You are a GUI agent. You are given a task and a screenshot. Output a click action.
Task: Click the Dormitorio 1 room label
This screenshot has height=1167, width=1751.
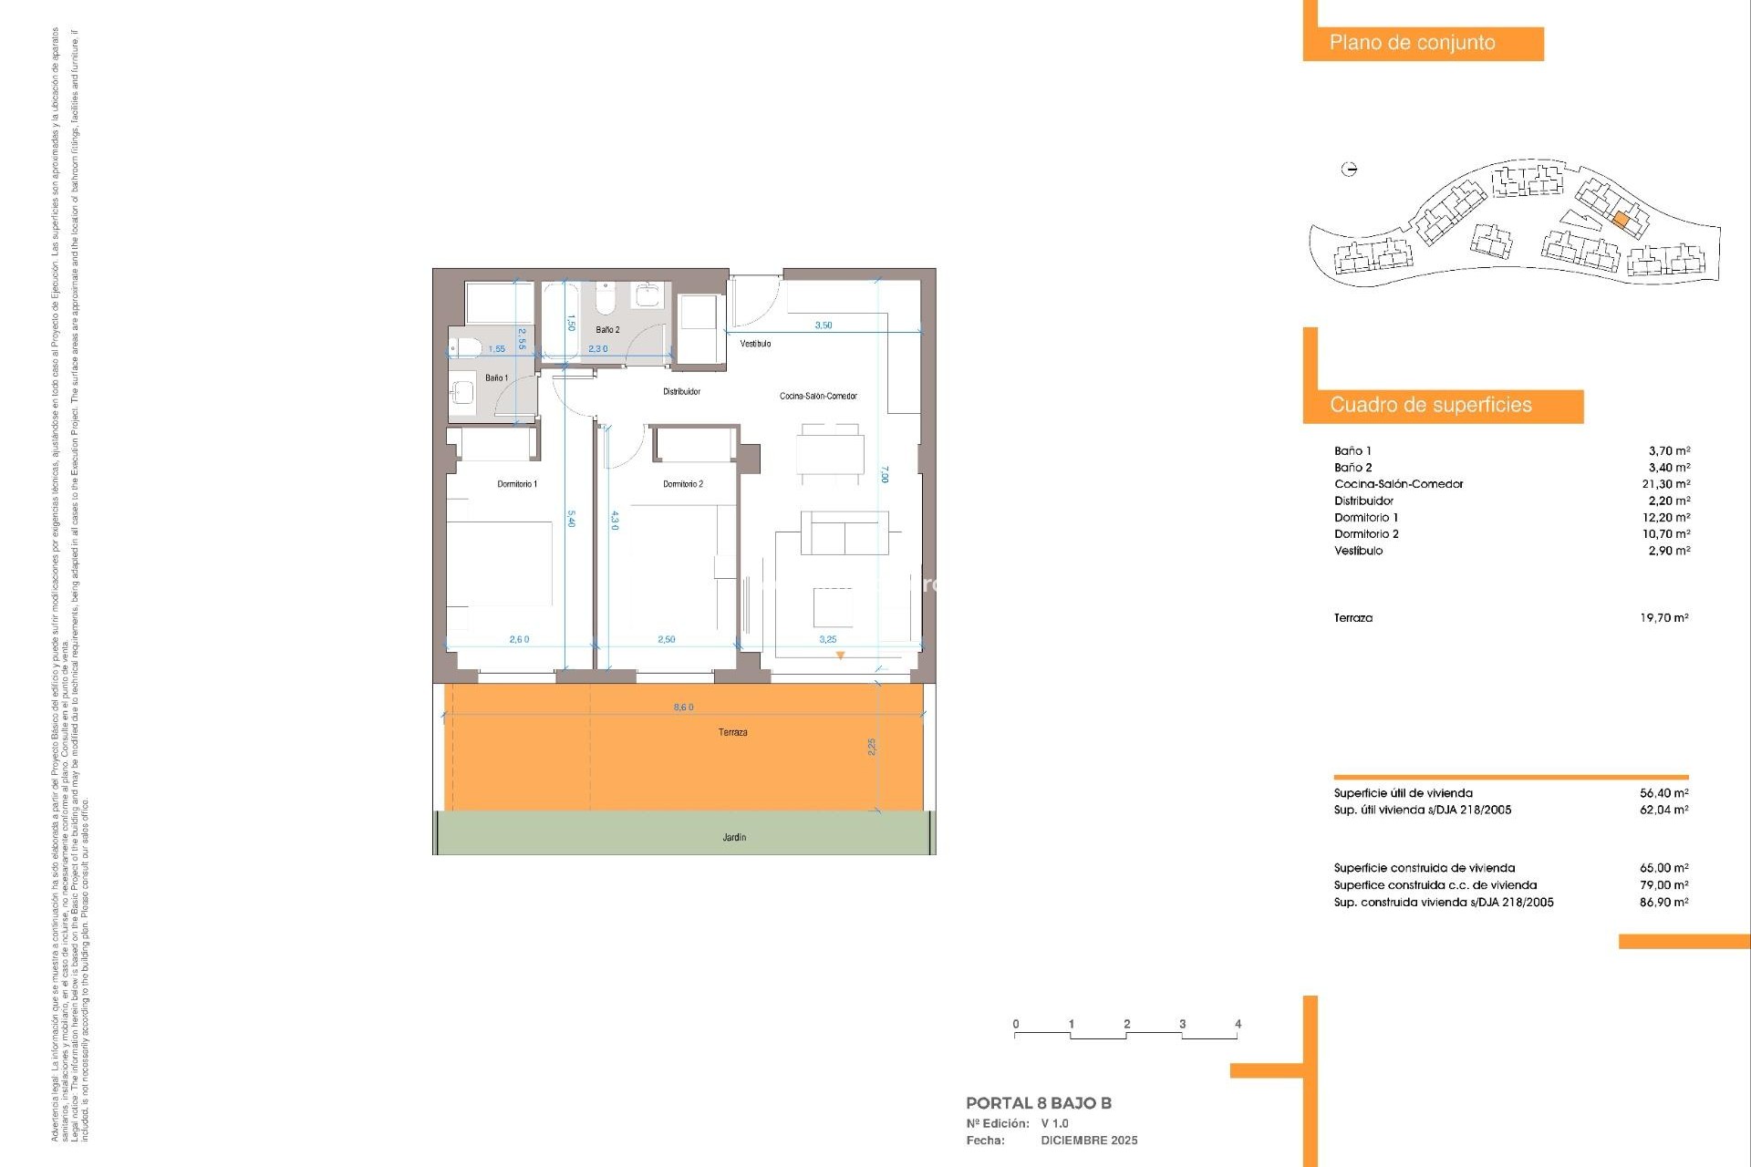[x=517, y=484]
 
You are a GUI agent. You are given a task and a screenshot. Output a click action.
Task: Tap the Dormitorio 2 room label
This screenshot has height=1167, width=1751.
[x=683, y=484]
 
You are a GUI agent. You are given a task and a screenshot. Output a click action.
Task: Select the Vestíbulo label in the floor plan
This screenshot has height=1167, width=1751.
[x=755, y=344]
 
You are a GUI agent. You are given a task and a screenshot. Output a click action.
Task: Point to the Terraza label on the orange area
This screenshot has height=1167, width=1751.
[x=732, y=732]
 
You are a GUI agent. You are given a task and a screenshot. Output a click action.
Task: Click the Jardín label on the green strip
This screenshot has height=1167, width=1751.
[x=734, y=837]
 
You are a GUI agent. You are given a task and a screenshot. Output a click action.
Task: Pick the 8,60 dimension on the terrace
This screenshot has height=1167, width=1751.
[x=683, y=707]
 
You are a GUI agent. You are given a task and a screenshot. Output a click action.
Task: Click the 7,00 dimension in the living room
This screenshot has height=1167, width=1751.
[x=884, y=474]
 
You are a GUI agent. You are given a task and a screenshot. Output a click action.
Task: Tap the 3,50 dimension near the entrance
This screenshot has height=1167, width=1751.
[x=823, y=325]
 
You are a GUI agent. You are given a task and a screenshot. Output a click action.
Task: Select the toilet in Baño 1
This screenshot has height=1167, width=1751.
[x=465, y=347]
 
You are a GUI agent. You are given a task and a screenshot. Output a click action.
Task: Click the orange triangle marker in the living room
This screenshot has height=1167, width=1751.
[x=840, y=656]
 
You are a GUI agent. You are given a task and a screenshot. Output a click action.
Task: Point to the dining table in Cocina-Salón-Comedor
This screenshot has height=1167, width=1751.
[x=830, y=453]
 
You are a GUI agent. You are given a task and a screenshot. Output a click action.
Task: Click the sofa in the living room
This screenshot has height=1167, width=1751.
[x=844, y=533]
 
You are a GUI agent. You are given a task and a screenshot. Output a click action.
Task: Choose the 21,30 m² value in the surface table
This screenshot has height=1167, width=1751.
[x=1665, y=484]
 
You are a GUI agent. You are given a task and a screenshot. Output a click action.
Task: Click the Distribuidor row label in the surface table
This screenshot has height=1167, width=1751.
[x=1363, y=501]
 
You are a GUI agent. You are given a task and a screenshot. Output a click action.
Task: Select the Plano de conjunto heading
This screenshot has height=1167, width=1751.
[x=1412, y=43]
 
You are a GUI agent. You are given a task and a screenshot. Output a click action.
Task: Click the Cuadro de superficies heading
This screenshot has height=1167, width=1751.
[x=1430, y=405]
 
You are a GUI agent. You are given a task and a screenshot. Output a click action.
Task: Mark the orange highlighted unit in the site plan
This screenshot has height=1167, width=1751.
[x=1621, y=220]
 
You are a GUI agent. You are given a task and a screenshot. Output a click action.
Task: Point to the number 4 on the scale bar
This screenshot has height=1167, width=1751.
[x=1238, y=1024]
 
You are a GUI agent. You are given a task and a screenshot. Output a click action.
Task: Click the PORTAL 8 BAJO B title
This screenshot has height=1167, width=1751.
[x=1038, y=1103]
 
